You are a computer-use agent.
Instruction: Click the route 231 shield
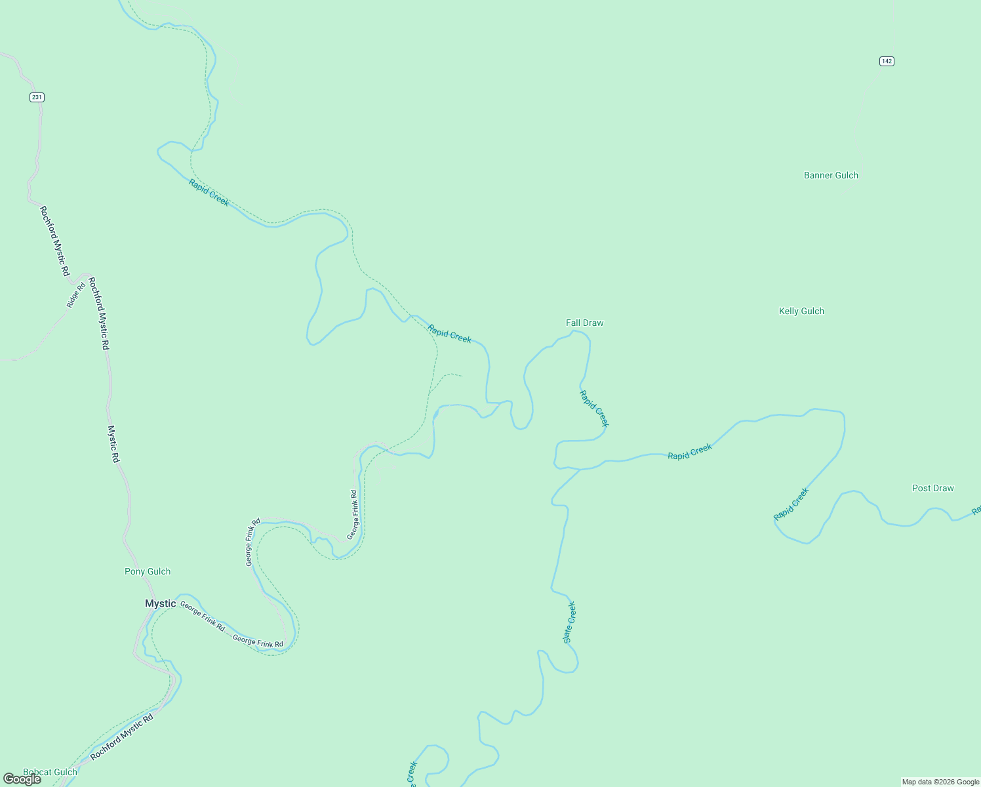(x=37, y=97)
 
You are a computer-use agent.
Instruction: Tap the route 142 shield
(x=887, y=61)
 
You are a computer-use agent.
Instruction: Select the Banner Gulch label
(x=831, y=175)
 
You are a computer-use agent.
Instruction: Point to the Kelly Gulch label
(x=801, y=311)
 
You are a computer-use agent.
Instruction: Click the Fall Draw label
(x=584, y=323)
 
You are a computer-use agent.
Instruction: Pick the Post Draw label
(x=932, y=488)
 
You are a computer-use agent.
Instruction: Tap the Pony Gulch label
(x=148, y=571)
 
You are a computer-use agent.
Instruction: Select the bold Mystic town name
(x=161, y=603)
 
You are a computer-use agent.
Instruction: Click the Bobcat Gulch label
(x=50, y=772)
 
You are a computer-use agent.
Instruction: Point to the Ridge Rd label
(x=76, y=295)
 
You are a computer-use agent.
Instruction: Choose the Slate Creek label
(x=569, y=622)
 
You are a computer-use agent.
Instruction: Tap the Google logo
(x=22, y=778)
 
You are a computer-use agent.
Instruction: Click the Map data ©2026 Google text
(x=940, y=782)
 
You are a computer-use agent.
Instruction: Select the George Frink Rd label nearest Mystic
(x=202, y=616)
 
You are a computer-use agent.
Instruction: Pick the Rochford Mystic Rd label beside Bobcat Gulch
(x=121, y=737)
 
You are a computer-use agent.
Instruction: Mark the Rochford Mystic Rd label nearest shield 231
(x=54, y=241)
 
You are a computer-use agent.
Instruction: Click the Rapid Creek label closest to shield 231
(x=209, y=192)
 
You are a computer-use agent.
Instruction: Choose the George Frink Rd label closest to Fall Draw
(x=353, y=514)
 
